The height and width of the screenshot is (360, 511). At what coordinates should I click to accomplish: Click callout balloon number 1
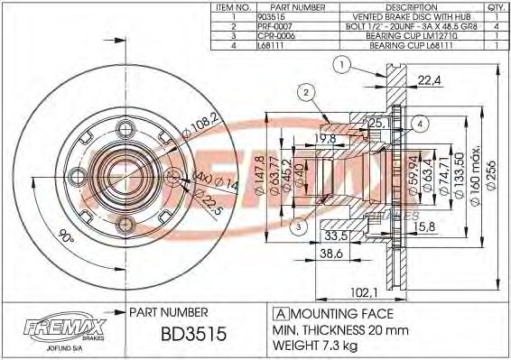pyautogui.click(x=341, y=63)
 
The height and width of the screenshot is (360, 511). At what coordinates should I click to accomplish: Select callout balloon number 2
pyautogui.click(x=306, y=91)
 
